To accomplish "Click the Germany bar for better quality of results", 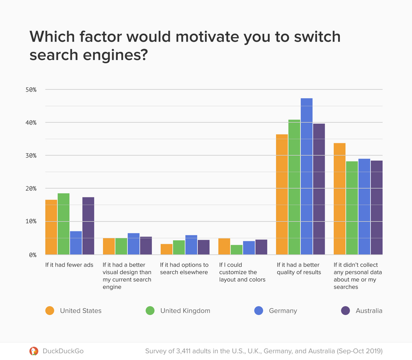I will [307, 176].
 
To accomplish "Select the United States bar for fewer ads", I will [51, 227].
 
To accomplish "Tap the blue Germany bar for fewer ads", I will [76, 243].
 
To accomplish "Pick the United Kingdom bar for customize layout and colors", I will [237, 250].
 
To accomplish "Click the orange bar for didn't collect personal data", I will [340, 199].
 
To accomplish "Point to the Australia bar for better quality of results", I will [319, 189].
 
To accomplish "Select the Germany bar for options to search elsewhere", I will [191, 245].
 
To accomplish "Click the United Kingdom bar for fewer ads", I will [64, 224].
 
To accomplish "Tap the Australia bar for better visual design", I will [146, 246].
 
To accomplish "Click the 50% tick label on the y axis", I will [31, 90].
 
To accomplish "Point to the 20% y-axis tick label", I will [31, 189].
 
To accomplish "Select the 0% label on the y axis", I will [33, 255].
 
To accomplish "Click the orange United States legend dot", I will [50, 311].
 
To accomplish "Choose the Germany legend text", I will [283, 311].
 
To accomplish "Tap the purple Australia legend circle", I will [345, 311].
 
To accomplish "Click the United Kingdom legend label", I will [185, 311].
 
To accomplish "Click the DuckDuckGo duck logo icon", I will [34, 351].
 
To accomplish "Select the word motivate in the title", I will [207, 37].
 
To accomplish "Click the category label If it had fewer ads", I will [69, 265].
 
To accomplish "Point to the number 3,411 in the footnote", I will [185, 351].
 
